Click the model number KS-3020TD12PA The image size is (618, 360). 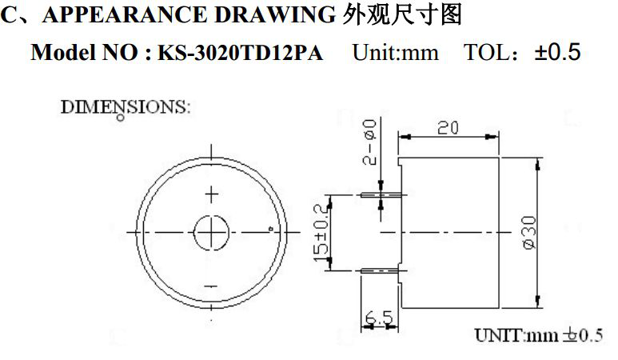click(x=240, y=54)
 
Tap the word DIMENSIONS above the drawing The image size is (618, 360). click(x=126, y=106)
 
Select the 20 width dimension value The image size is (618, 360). click(x=448, y=128)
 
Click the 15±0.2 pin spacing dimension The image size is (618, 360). click(x=324, y=233)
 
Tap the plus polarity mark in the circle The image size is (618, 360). click(x=212, y=194)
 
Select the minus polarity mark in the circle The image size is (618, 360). click(x=211, y=286)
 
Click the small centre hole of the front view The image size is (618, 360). click(x=211, y=233)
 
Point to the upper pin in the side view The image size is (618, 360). click(x=381, y=194)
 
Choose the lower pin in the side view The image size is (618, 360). click(x=381, y=271)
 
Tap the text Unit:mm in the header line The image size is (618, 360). click(x=396, y=54)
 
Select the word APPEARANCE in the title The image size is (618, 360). click(x=122, y=14)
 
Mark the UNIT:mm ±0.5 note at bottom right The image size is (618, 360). click(x=537, y=334)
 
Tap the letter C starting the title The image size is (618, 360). click(x=9, y=14)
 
